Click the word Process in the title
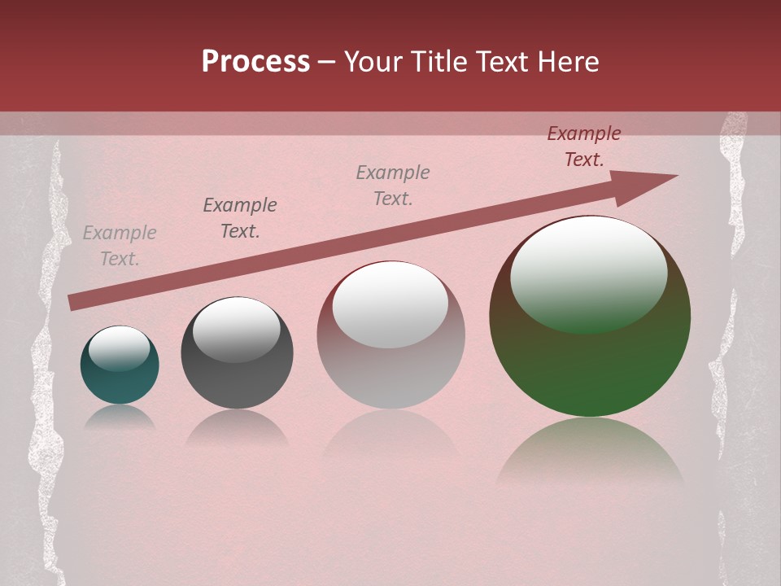(x=255, y=62)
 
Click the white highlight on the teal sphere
(x=119, y=348)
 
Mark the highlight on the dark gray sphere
(x=236, y=329)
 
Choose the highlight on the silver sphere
(x=390, y=304)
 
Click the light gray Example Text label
(x=120, y=246)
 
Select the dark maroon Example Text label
(x=584, y=146)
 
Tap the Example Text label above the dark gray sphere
(x=240, y=218)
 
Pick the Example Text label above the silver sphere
(x=393, y=186)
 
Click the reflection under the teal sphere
(x=120, y=417)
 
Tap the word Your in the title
(x=375, y=62)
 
